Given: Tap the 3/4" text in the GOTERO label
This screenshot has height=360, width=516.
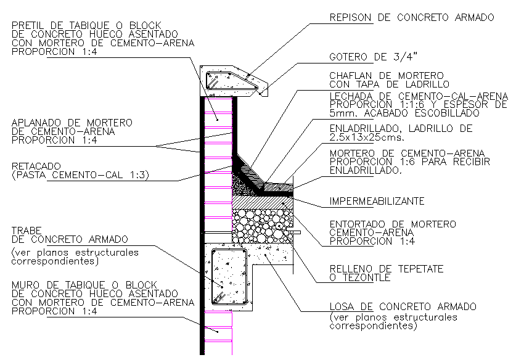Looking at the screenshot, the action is point(406,57).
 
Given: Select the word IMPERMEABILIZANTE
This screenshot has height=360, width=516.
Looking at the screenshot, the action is point(377,201).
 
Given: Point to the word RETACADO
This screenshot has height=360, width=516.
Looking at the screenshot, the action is point(36,166).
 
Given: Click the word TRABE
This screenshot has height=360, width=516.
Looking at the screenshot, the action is point(27,231).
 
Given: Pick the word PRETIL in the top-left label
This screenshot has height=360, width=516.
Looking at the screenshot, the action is point(27,25).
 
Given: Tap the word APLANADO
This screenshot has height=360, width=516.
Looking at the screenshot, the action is point(36,123).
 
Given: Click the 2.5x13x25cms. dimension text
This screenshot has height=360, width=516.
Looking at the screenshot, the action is point(367,137).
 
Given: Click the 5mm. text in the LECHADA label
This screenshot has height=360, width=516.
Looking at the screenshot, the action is point(342,113).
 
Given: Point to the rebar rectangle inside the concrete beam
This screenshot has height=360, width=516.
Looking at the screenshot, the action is point(229,276).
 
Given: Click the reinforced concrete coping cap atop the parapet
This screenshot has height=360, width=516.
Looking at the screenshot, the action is point(234,81).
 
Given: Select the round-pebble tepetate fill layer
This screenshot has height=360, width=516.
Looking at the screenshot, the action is point(263,226).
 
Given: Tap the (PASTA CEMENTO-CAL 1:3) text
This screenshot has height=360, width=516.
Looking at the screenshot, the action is point(80,175).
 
